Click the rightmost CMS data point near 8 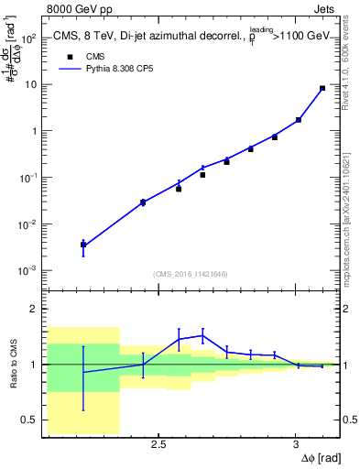[322, 89]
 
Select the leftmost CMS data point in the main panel [83, 245]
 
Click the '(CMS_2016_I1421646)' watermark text [191, 274]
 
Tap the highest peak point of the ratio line [202, 334]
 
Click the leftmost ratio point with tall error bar [83, 372]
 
